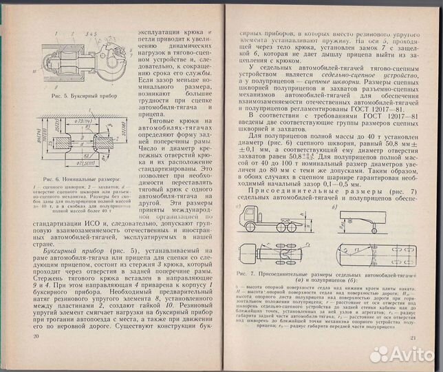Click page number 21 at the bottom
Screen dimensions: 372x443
[413, 336]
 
